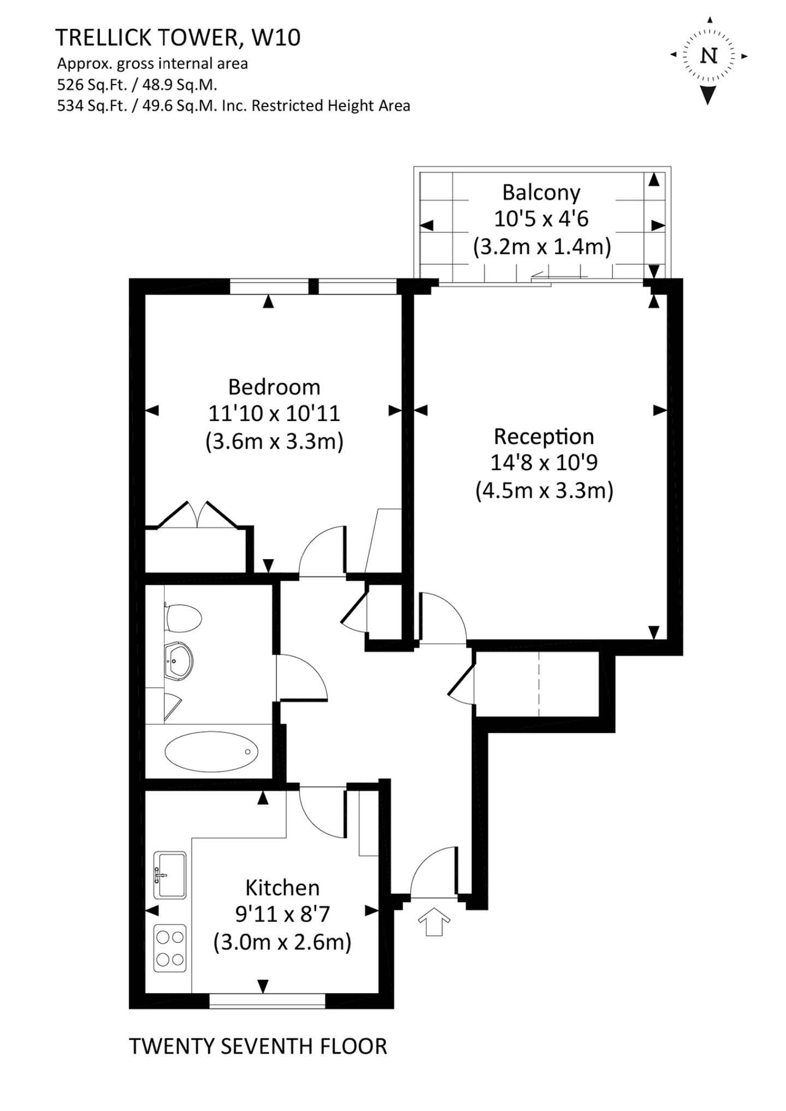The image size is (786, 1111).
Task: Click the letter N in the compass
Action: coord(709,56)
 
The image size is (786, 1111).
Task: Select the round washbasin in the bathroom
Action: coord(178,661)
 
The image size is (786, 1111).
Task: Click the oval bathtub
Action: coord(211,752)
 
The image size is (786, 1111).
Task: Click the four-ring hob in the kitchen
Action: coord(170,948)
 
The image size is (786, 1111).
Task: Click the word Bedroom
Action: coord(274,387)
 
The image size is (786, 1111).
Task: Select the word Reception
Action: coord(544,436)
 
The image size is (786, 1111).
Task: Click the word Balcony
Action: coord(541,193)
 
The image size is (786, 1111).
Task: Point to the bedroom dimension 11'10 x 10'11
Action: coord(274,413)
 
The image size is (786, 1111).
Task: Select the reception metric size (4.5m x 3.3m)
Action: coord(545,490)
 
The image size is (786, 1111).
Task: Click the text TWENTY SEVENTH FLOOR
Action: coord(258,1047)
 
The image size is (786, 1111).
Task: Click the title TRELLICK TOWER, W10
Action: coord(178,38)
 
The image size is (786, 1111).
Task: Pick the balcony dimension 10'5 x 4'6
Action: coord(541,219)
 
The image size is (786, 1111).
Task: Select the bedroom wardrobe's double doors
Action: coord(198,515)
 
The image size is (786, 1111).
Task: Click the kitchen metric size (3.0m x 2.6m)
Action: coord(282,942)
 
